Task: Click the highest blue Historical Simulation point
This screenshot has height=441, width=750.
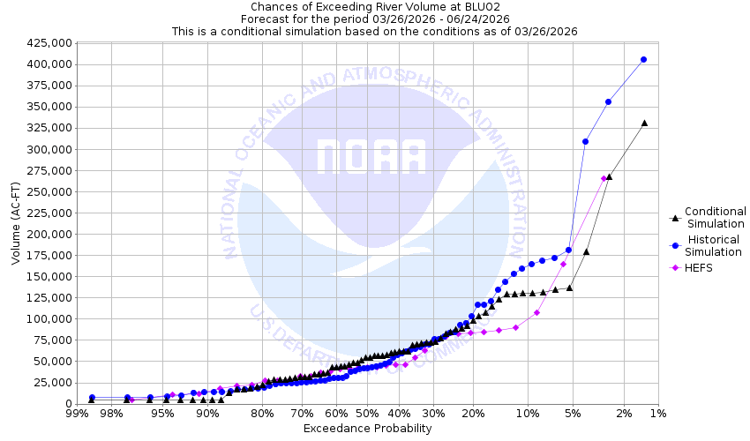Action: pos(643,59)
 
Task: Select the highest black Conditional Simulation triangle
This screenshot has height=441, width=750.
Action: pos(644,123)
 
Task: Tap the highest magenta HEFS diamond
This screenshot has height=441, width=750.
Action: pos(604,178)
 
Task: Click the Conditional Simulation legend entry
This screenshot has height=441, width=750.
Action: pos(716,217)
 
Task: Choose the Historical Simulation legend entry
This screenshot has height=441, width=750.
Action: pos(716,246)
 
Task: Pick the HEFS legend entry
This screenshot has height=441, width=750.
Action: pos(698,267)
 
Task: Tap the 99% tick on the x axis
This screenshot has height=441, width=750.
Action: pos(76,414)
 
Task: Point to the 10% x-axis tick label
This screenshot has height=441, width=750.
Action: pos(528,414)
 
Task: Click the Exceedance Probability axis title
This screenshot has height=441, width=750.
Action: pos(367,429)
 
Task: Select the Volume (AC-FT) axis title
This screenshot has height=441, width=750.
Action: pos(15,223)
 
